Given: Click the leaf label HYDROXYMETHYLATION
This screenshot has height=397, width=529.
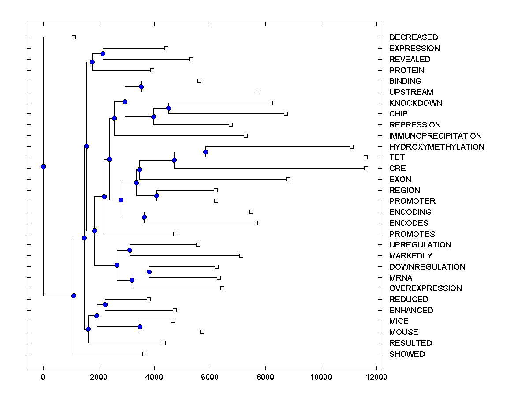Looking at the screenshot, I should (x=436, y=147).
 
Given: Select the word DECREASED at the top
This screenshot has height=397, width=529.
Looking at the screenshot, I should (x=413, y=37).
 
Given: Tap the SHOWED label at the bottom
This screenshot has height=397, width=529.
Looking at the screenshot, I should (x=406, y=354).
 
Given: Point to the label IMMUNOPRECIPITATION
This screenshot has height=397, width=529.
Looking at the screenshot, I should (x=435, y=136).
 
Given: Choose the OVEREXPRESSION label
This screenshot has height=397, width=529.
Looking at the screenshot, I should (x=425, y=288).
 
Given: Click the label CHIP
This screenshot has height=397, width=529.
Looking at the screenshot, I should (x=398, y=114).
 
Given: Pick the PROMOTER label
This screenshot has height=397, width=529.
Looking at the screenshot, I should (x=412, y=201).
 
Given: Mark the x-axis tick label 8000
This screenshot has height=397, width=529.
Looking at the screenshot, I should (x=265, y=377).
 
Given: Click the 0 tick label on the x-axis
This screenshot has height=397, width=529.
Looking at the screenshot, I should (x=43, y=377).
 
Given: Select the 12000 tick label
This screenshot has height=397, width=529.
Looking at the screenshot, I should (x=376, y=377).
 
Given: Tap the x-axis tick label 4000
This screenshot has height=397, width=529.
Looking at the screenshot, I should (x=154, y=377).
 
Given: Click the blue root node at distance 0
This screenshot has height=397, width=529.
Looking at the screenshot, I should (x=43, y=166).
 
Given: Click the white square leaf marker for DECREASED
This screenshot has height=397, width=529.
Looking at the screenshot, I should (x=74, y=37).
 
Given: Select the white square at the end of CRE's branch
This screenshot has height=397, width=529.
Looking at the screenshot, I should (x=366, y=168).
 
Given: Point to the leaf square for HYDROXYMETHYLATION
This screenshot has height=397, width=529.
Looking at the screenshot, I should (x=351, y=146).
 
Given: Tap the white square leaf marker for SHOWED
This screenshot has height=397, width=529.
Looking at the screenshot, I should (x=144, y=354).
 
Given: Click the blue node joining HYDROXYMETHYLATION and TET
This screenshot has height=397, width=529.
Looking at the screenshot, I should (x=205, y=152).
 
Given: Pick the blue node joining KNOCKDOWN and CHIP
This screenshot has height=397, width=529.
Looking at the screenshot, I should (x=168, y=108).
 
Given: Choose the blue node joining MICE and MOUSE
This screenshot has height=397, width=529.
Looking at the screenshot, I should (x=140, y=326).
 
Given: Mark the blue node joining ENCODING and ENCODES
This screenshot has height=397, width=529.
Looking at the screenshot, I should (x=144, y=217).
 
